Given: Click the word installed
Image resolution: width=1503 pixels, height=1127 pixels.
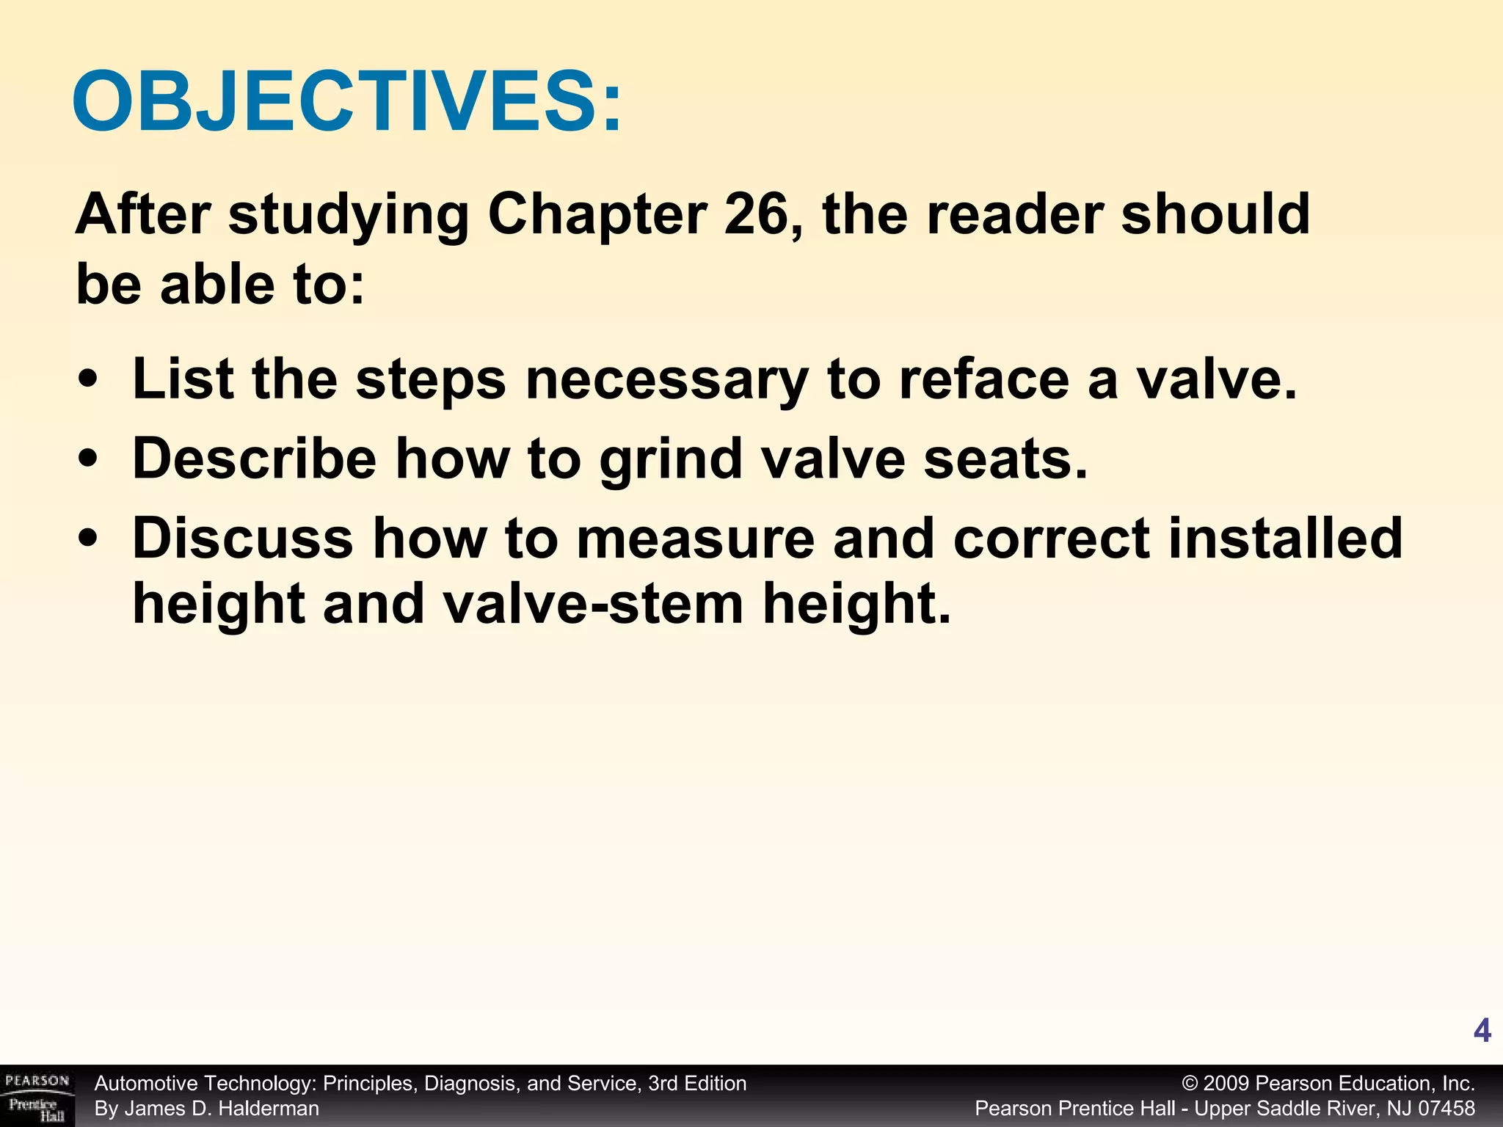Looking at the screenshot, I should tap(1285, 538).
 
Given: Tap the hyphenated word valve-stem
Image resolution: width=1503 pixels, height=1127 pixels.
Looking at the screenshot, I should tap(594, 604).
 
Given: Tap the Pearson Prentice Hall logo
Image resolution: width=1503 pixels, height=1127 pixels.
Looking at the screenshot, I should tap(37, 1095).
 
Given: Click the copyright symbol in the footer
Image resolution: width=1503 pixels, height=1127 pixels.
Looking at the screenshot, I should tap(1190, 1084).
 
